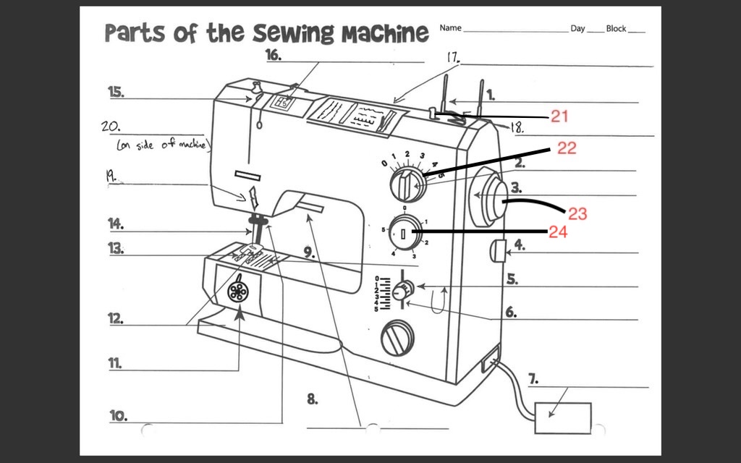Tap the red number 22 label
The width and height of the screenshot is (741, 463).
567,148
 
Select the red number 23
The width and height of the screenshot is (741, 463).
577,213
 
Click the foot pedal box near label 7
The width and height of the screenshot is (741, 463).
562,417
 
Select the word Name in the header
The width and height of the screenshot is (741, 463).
450,28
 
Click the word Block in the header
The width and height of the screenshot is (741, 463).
616,28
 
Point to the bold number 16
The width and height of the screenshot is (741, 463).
273,54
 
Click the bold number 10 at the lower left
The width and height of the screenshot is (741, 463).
119,416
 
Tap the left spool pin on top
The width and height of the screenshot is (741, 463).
447,92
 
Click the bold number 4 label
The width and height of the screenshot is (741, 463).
520,245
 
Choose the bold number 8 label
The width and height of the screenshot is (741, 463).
312,399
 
